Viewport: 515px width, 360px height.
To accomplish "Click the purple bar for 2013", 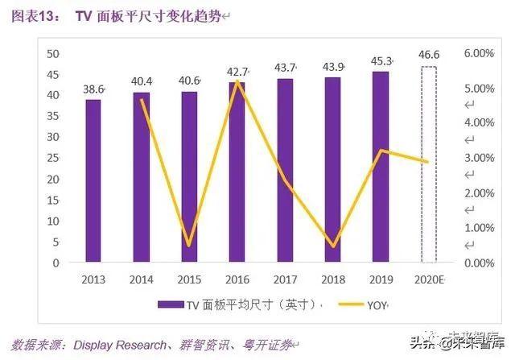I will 93,180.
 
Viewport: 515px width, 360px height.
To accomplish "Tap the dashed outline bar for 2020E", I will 429,164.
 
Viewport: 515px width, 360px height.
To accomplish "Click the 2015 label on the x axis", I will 189,279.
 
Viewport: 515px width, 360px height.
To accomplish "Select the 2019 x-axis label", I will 381,279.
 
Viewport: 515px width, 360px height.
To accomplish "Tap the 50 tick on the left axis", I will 54,53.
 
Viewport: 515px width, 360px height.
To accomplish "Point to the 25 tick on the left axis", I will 54,158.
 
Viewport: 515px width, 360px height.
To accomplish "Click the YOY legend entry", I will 377,305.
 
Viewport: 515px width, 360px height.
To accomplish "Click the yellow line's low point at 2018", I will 333,246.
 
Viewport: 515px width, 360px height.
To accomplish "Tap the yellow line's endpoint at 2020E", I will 428,162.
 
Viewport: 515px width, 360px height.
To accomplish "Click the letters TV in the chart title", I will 83,15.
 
